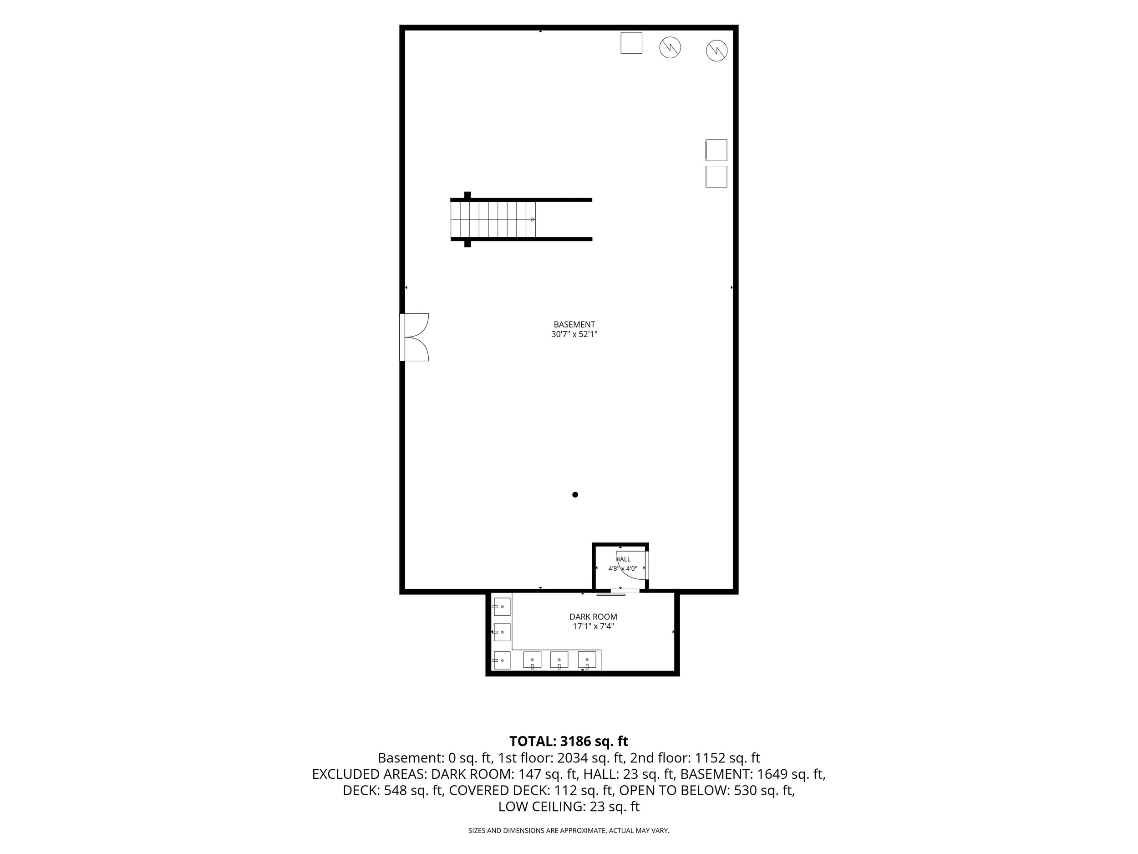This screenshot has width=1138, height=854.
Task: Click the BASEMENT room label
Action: click(x=574, y=324)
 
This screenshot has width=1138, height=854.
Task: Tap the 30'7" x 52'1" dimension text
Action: click(x=574, y=334)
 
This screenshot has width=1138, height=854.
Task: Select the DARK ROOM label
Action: click(x=593, y=617)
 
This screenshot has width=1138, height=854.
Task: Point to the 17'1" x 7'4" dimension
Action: click(x=593, y=626)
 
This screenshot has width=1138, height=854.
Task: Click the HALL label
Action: click(x=623, y=559)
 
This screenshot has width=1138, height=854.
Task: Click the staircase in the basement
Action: click(x=493, y=219)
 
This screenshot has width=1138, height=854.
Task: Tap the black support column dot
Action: click(x=575, y=495)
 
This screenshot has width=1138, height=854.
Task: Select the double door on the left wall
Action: click(x=415, y=337)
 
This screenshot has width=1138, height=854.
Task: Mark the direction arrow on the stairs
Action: click(x=533, y=219)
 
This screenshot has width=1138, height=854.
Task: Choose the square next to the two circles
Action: click(x=631, y=43)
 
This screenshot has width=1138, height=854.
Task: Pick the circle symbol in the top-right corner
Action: click(x=716, y=51)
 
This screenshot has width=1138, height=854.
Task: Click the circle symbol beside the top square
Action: click(x=671, y=47)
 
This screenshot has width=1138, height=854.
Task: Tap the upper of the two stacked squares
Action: click(x=716, y=150)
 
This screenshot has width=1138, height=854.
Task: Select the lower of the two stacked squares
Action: click(x=716, y=177)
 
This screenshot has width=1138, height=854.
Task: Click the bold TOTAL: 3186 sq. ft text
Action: click(x=569, y=741)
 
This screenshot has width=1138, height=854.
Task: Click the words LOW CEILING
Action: click(x=540, y=807)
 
